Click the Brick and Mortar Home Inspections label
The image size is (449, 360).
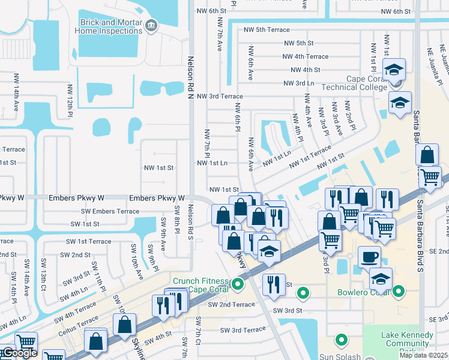(112, 26)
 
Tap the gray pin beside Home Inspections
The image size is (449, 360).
(151, 25)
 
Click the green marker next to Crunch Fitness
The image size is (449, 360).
(238, 283)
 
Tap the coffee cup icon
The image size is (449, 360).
(370, 257)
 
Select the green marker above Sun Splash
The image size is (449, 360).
(341, 340)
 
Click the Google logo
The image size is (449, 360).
(19, 353)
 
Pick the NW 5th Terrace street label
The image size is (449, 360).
(266, 29)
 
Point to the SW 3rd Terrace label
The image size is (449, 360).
(243, 330)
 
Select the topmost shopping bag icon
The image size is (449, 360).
(426, 155)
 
